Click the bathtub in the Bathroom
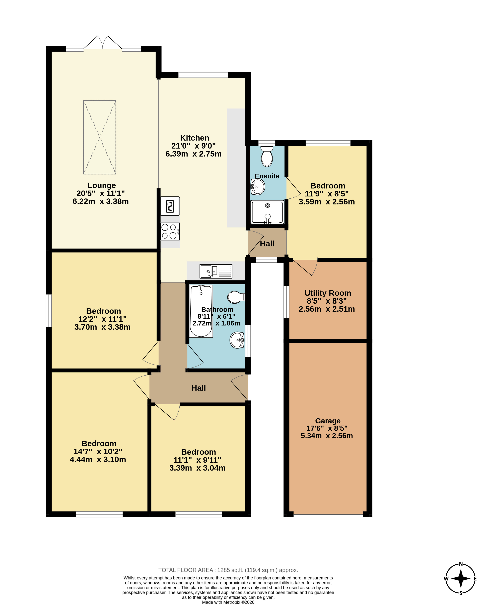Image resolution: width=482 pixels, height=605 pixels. [201, 311]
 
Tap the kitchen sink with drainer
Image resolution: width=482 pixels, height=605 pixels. [216, 271]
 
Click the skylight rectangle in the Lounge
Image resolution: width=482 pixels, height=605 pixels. [100, 137]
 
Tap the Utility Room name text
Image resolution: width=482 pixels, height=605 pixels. [328, 293]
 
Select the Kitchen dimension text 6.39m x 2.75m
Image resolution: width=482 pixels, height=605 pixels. [193, 154]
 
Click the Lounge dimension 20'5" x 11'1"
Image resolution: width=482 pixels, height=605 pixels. [101, 193]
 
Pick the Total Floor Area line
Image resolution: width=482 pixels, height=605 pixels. [228, 570]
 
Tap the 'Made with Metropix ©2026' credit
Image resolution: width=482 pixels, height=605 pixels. [228, 602]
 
